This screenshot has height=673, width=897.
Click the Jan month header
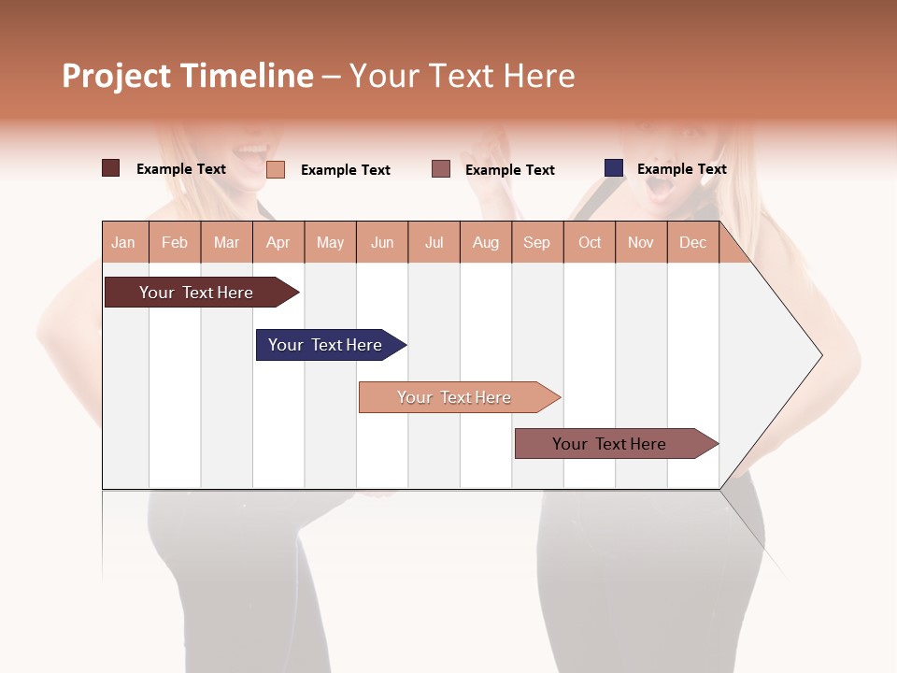[x=123, y=242]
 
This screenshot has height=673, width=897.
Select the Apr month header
[x=278, y=242]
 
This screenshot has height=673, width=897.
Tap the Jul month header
[x=434, y=242]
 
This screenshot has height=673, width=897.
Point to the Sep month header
[x=536, y=242]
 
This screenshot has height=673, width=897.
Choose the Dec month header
[x=692, y=242]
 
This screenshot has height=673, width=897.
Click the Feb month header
[x=175, y=242]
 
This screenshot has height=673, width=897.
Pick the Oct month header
[x=590, y=242]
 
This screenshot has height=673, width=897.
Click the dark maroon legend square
[x=111, y=168]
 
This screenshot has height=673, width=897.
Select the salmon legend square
[x=276, y=169]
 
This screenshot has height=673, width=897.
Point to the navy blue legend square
[x=614, y=168]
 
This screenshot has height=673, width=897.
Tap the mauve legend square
[x=441, y=169]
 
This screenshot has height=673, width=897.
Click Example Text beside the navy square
[x=681, y=169]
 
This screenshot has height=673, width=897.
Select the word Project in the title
[x=117, y=76]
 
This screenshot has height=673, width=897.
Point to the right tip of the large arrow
[x=820, y=355]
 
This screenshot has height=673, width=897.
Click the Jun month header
[x=382, y=242]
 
